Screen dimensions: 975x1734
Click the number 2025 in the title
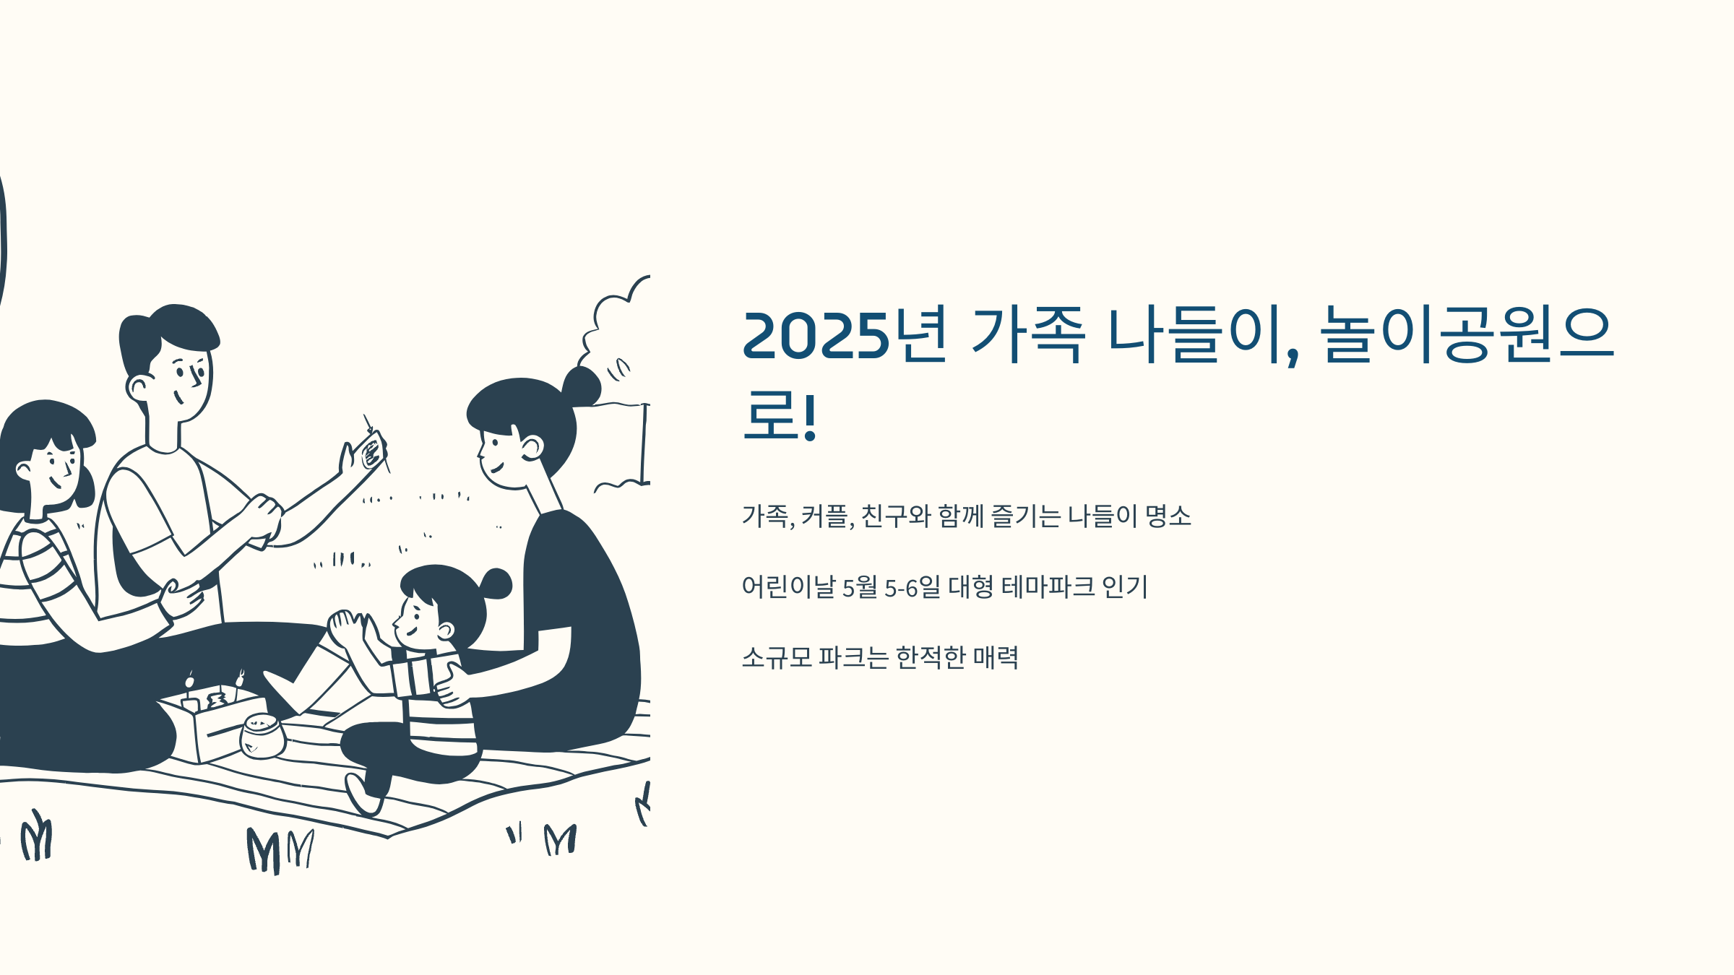click(816, 336)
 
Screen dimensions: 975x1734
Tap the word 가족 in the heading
click(1028, 336)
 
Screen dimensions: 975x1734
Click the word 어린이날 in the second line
click(788, 586)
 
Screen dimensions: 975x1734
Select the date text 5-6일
click(913, 586)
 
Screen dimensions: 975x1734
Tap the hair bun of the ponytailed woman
click(581, 386)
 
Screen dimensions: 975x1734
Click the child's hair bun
click(496, 584)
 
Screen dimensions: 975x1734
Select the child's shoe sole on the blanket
click(361, 794)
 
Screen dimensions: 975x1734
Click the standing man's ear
click(137, 388)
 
